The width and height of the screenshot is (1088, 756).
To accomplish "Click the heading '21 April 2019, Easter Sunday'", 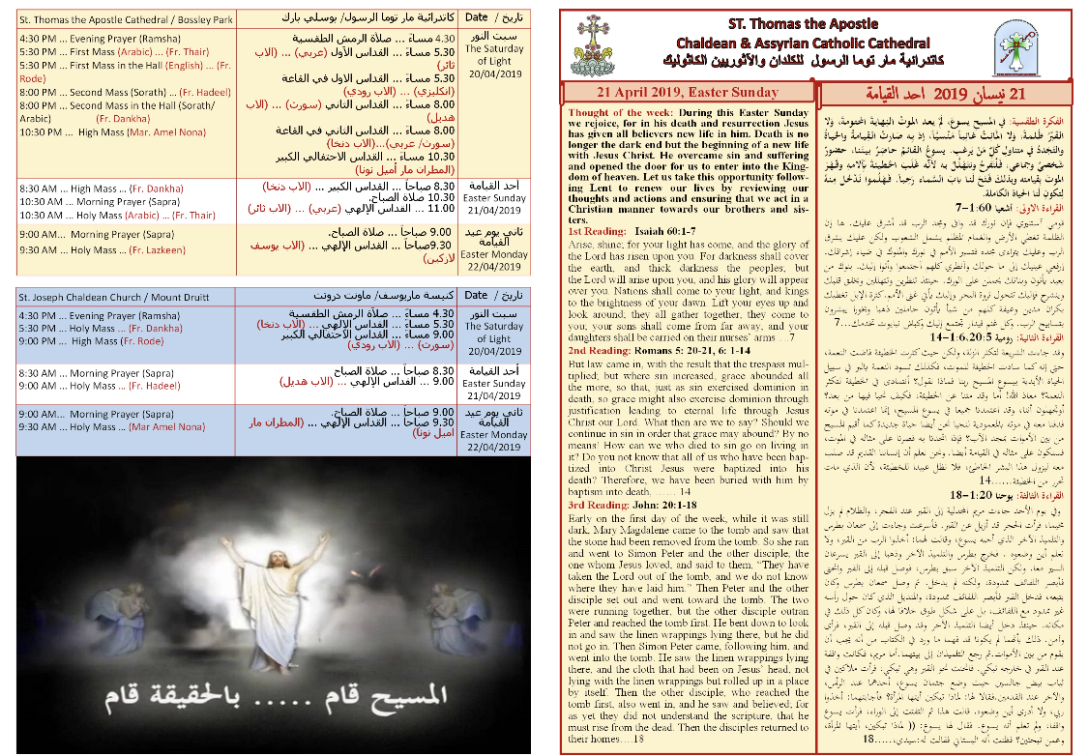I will pos(687,93).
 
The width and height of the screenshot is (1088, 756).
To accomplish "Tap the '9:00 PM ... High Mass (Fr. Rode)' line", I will pos(92,341).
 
